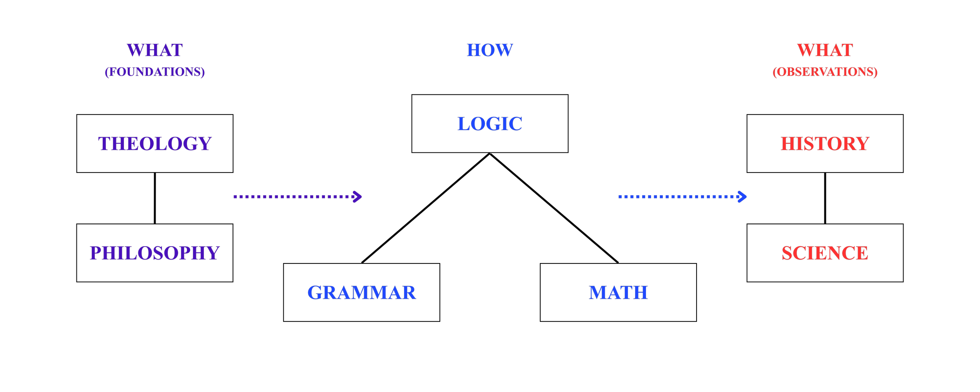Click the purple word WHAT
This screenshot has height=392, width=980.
coord(154,50)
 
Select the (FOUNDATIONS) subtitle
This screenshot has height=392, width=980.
coord(154,72)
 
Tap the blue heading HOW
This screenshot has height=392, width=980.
coord(490,50)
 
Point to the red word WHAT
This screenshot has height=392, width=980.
coord(825,50)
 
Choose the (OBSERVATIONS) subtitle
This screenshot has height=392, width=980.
coord(825,72)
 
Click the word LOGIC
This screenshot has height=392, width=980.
coord(490,124)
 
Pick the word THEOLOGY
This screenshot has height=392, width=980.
coord(154,143)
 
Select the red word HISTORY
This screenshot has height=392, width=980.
coord(825,143)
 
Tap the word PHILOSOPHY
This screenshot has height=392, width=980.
coord(154,253)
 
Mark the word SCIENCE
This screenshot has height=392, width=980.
coord(825,253)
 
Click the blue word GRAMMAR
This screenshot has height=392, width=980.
coord(361,292)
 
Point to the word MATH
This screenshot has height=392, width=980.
coord(618,292)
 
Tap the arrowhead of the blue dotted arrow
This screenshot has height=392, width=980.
coord(742,196)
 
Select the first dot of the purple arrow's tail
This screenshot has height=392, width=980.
coord(235,196)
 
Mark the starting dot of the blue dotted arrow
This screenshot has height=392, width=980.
coord(620,196)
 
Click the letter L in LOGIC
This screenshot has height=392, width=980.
coord(465,124)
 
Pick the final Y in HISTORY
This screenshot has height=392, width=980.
coord(862,143)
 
